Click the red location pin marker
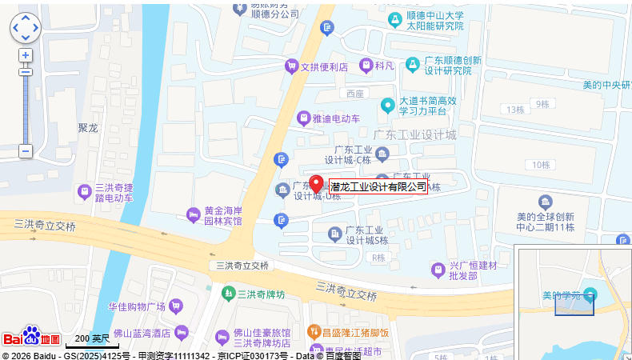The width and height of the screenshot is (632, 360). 317,183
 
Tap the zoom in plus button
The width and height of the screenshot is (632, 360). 26,55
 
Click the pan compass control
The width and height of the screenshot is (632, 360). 25,27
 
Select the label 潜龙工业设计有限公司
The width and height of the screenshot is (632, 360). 378,187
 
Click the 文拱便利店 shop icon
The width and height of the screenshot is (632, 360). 291,67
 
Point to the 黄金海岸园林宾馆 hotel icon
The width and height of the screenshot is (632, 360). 193,214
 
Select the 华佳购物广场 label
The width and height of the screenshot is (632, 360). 137,306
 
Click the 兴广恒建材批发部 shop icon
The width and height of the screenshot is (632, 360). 438,270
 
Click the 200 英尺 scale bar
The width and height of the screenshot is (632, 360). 92,343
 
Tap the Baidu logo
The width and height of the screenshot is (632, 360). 30,337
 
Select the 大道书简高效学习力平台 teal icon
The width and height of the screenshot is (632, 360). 387,105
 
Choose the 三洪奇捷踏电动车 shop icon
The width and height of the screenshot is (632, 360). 84,192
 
